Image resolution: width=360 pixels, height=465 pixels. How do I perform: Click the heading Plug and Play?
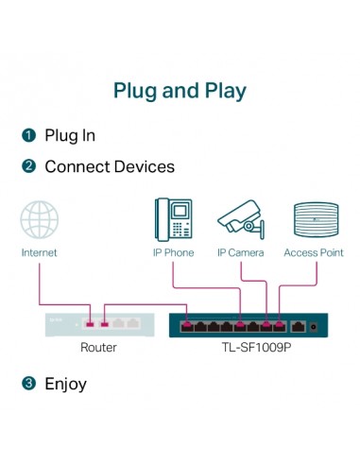180,91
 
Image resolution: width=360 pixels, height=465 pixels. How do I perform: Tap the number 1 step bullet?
28,135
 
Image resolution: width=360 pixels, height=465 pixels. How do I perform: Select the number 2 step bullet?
28,166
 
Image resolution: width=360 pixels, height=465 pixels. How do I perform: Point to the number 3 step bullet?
28,384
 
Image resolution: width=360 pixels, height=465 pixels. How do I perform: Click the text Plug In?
70,135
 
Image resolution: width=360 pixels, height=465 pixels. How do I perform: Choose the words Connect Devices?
110,166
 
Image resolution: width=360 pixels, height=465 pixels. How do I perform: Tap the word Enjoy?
66,384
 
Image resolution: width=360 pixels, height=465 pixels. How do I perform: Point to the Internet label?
40,252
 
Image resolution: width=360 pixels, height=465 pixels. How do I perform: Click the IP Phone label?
173,252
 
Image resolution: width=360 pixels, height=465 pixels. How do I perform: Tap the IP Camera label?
240,252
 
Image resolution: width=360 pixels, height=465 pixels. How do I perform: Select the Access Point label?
313,252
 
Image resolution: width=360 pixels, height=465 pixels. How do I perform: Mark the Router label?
98,348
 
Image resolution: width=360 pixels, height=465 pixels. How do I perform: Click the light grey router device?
98,323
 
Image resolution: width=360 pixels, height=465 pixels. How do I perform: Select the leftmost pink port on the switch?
187,326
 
